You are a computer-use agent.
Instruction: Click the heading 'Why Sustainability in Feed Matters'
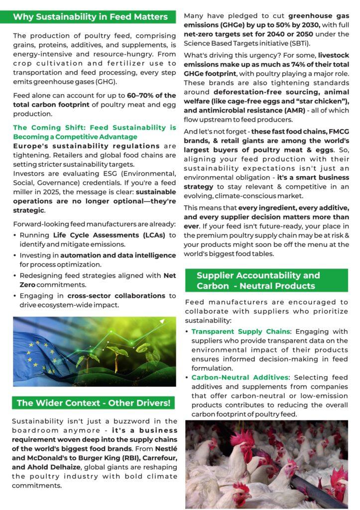point(90,17)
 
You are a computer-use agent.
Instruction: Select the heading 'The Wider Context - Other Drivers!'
point(93,402)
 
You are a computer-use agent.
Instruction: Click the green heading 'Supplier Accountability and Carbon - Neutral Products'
point(266,280)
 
